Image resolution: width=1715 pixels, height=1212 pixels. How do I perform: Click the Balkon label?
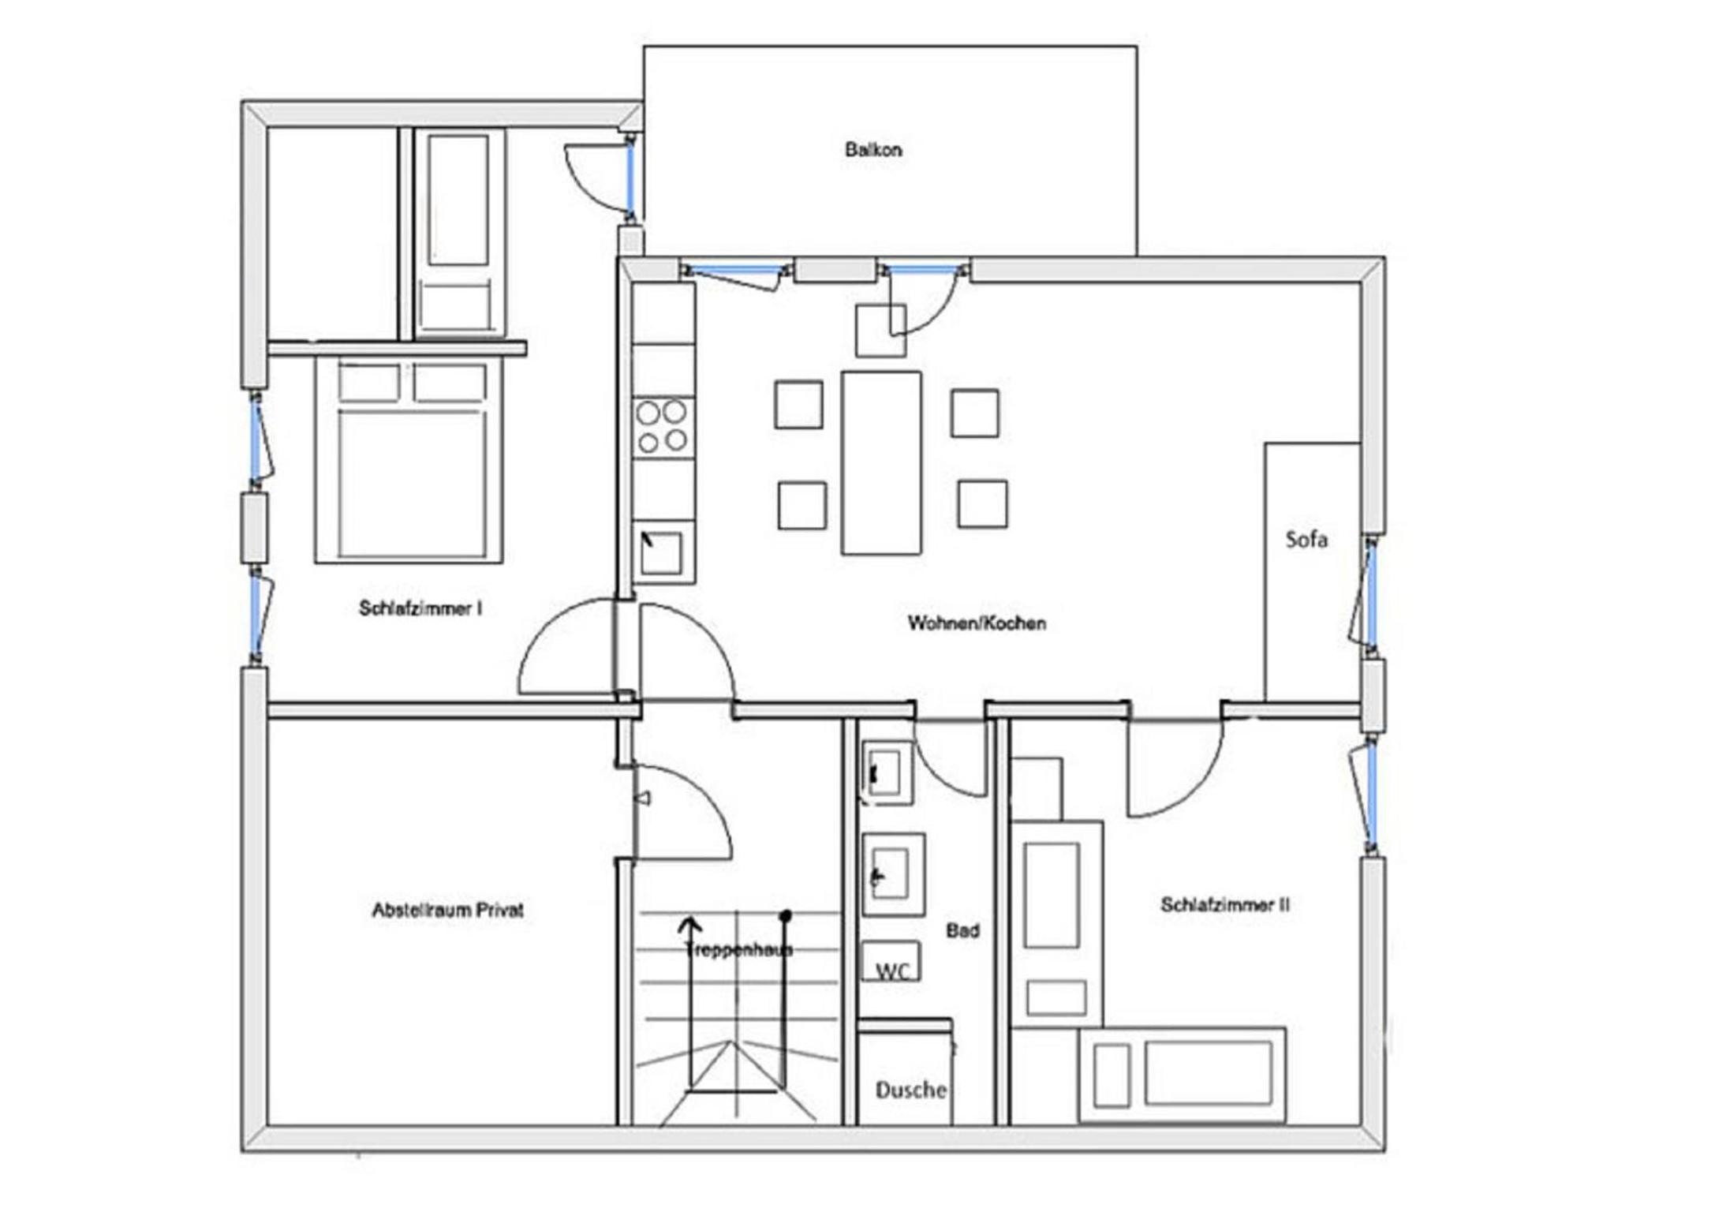(872, 149)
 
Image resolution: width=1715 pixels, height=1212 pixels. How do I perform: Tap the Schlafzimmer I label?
(420, 608)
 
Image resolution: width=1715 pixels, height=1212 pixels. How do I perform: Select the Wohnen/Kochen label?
(977, 623)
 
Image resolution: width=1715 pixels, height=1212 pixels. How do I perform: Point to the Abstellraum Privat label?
(447, 910)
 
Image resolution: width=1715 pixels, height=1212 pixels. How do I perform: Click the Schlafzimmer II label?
(1225, 904)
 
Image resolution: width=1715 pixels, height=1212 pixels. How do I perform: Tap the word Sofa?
(1306, 539)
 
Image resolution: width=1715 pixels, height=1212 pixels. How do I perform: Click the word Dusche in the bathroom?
(911, 1090)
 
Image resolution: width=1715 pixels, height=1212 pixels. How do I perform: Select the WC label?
(892, 971)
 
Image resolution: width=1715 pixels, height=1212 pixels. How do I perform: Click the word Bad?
(962, 930)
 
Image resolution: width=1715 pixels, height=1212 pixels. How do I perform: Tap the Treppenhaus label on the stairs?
(738, 948)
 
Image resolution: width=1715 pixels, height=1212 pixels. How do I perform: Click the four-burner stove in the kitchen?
(663, 426)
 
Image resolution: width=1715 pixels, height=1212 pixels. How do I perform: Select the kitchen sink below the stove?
(663, 552)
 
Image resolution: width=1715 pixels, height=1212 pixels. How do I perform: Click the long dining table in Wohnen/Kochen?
(881, 463)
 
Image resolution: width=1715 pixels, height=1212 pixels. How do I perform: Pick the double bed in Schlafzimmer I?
(409, 460)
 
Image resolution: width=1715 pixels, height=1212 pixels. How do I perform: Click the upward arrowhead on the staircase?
(690, 923)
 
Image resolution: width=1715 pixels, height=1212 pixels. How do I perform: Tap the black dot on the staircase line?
(786, 916)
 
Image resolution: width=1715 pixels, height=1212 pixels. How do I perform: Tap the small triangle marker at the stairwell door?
(643, 799)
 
